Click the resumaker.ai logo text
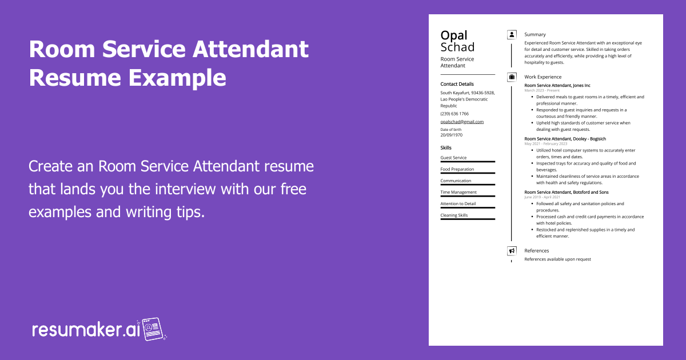click(x=86, y=330)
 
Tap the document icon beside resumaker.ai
click(x=153, y=329)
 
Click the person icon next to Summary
click(x=512, y=35)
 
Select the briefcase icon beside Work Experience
click(x=512, y=77)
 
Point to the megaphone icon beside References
click(x=512, y=251)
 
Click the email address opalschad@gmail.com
click(x=462, y=122)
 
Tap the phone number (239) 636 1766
click(x=454, y=114)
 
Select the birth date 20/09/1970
click(x=452, y=135)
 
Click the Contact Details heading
click(x=457, y=84)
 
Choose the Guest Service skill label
click(x=453, y=158)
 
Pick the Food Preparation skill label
click(x=457, y=169)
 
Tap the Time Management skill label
click(x=458, y=192)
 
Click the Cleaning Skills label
click(x=454, y=215)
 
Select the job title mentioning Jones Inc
click(x=557, y=85)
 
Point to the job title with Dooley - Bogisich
click(x=565, y=139)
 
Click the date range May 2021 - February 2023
click(x=546, y=144)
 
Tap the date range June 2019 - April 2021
click(x=542, y=197)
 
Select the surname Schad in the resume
click(x=457, y=47)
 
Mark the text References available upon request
click(x=558, y=259)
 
